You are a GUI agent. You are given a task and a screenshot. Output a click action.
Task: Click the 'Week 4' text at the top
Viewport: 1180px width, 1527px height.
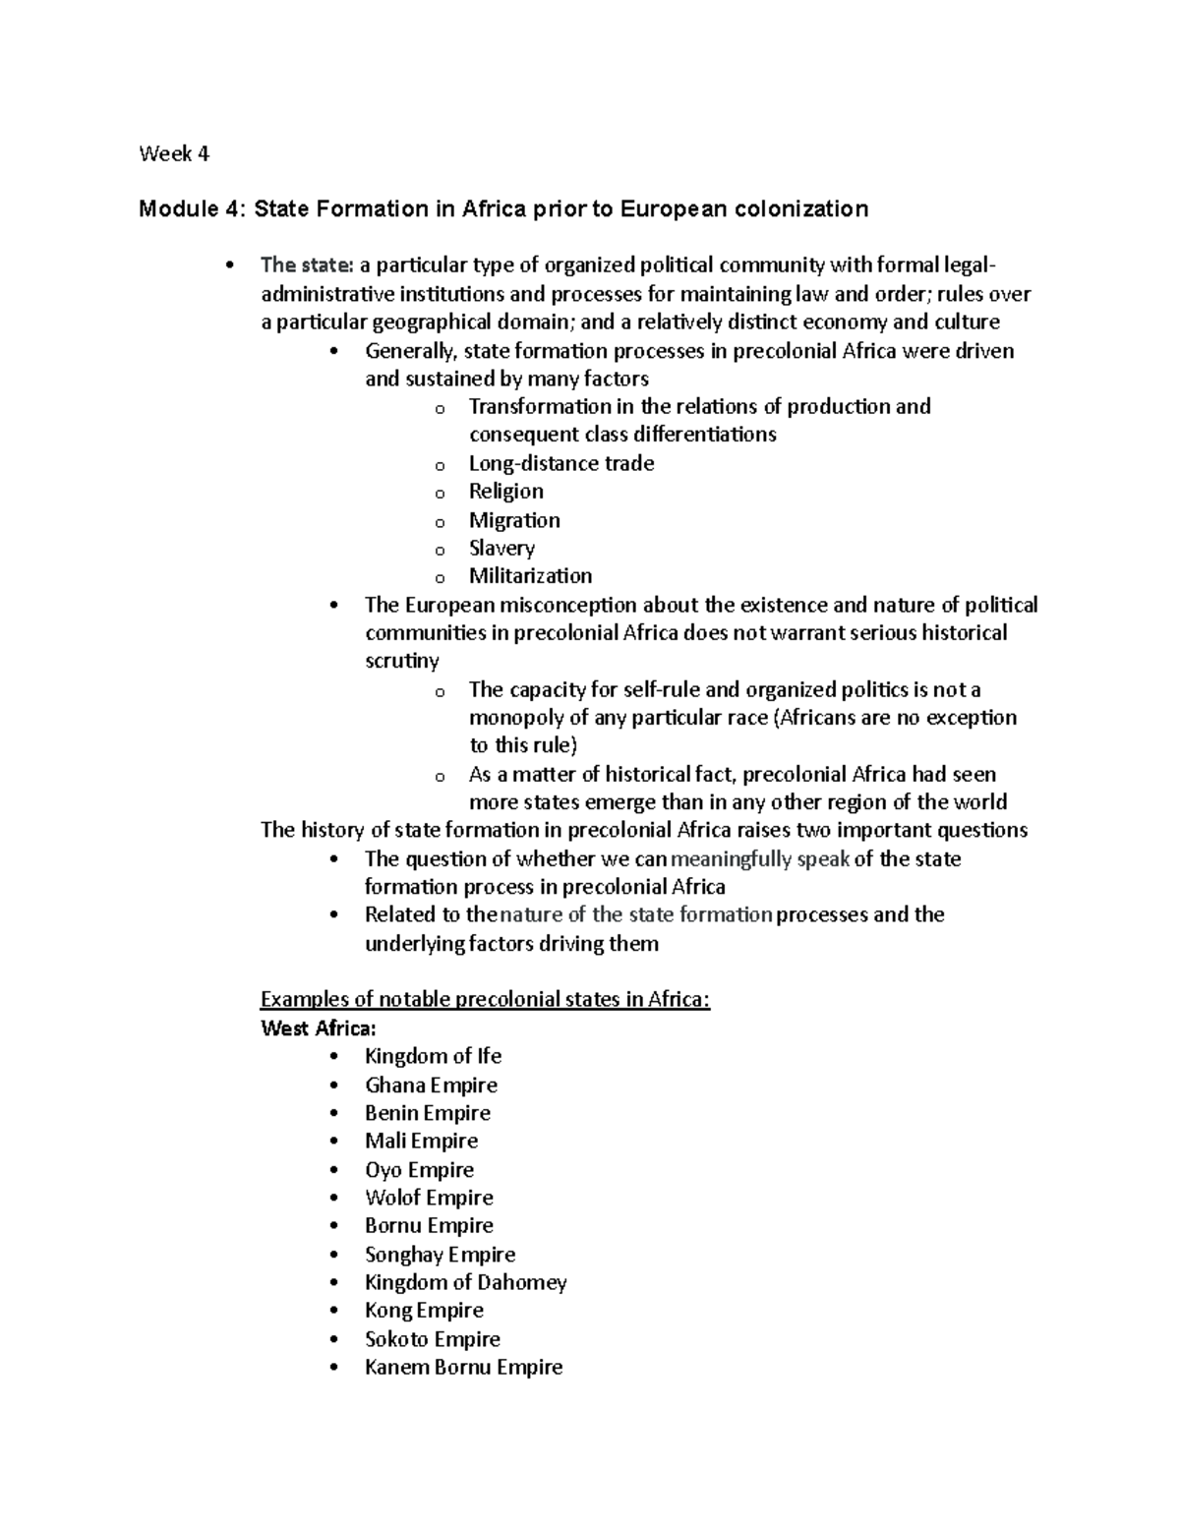click(x=174, y=153)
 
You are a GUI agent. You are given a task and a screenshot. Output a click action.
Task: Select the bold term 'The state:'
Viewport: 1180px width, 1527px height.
click(x=306, y=265)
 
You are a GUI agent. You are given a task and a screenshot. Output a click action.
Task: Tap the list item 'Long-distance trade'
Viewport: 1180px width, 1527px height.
click(x=560, y=463)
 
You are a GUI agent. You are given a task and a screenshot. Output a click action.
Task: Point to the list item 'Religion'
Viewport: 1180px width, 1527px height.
click(x=505, y=492)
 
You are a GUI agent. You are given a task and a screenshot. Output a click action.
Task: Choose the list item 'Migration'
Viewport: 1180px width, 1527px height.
click(x=514, y=520)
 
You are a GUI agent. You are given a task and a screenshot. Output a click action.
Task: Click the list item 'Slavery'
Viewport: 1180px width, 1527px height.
click(x=501, y=549)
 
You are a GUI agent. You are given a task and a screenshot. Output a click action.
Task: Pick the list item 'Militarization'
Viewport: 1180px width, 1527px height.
click(x=530, y=576)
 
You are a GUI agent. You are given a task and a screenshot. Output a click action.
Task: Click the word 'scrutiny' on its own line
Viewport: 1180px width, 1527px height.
click(x=401, y=661)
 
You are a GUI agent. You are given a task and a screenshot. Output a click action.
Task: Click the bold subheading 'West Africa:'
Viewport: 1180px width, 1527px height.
click(x=318, y=1028)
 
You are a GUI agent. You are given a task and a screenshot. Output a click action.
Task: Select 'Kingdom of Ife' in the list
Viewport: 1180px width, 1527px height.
click(x=433, y=1056)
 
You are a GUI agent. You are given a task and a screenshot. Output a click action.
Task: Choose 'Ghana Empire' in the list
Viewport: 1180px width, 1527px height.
click(x=431, y=1086)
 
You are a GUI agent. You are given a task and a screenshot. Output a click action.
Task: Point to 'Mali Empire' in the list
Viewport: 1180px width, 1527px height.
click(x=421, y=1142)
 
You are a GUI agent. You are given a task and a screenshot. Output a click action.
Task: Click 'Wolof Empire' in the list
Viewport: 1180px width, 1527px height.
click(x=429, y=1198)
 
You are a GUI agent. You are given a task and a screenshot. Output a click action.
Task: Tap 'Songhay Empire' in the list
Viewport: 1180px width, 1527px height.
click(x=440, y=1255)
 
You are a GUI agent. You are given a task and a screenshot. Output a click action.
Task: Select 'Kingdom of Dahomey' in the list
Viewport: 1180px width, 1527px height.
click(x=465, y=1282)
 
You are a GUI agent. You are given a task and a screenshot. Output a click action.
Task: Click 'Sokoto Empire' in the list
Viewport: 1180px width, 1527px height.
click(x=432, y=1339)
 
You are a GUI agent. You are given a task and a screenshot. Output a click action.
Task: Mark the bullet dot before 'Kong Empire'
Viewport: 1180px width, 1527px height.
click(x=336, y=1312)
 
